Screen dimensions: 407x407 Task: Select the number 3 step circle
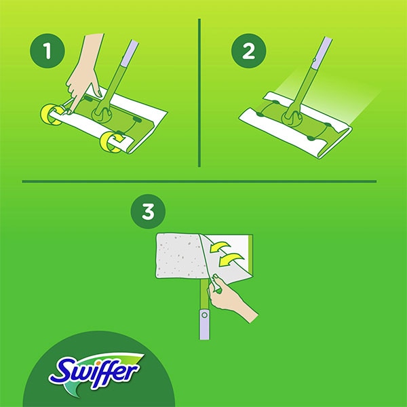click(x=147, y=212)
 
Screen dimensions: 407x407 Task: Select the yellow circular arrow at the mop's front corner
click(x=110, y=142)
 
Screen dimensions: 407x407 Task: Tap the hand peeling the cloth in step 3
click(x=234, y=298)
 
